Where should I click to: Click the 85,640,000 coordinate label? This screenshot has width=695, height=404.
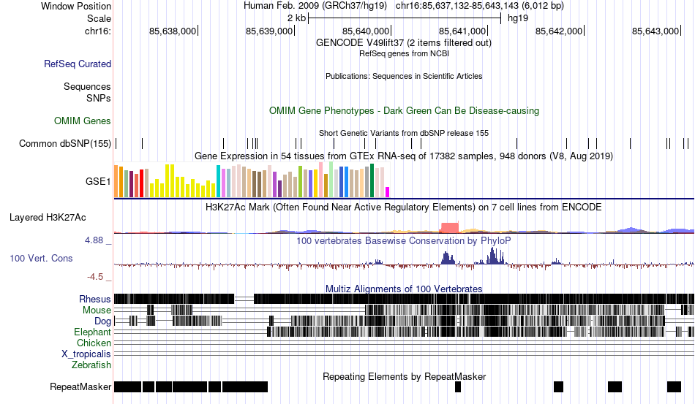[x=367, y=31]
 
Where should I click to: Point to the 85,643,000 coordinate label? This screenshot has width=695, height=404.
[x=656, y=31]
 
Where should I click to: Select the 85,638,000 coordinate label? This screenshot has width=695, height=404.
[x=173, y=31]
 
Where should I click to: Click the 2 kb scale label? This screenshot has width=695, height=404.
[x=296, y=18]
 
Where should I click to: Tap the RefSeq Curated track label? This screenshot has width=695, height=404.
[x=78, y=64]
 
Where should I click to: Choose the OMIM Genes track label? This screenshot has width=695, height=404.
[x=83, y=121]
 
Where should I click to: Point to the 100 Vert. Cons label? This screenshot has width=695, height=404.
[x=41, y=258]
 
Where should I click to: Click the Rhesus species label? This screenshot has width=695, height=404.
[x=95, y=299]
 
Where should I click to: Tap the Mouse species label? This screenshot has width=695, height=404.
[x=97, y=310]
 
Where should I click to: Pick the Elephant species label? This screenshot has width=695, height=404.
[x=93, y=332]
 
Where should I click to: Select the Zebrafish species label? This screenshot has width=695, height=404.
[x=91, y=365]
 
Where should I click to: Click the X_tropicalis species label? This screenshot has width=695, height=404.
[x=86, y=354]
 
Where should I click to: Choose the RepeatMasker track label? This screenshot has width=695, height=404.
[x=80, y=386]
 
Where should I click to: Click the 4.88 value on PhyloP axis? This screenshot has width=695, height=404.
[x=97, y=240]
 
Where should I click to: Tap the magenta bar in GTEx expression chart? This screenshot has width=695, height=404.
[x=388, y=191]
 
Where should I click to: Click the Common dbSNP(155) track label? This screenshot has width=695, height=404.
[x=65, y=143]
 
